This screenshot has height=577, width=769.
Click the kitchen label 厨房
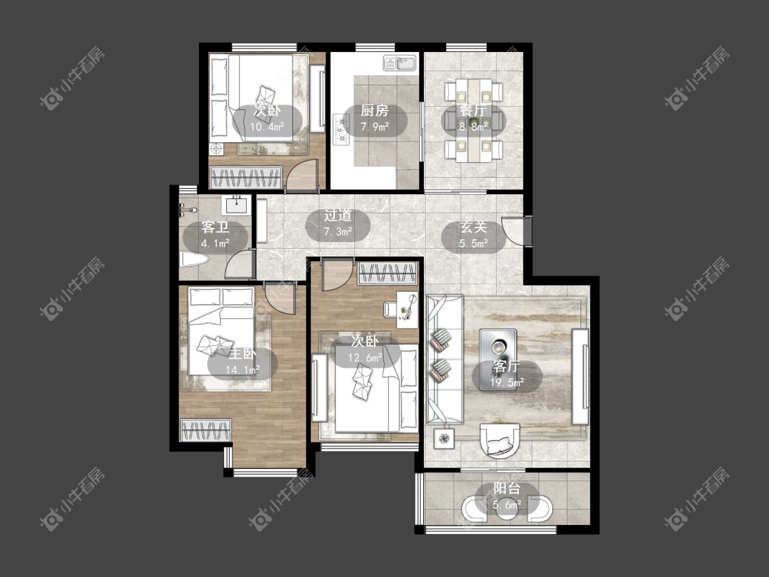(375, 110)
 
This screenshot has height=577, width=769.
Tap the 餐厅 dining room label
(473, 110)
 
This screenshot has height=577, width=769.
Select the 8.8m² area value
(473, 126)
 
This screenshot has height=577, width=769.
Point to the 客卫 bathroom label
(215, 227)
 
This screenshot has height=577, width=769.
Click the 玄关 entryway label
(473, 227)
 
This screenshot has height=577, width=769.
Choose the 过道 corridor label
(338, 215)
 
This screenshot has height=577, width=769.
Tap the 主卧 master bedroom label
(242, 353)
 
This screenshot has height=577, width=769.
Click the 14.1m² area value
(242, 370)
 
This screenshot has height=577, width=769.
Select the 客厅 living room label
(507, 366)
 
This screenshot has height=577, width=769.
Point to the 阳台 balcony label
(507, 488)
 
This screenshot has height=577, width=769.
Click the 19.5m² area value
(507, 383)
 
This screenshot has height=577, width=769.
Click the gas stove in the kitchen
(340, 129)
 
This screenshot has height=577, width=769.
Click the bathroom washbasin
(237, 204)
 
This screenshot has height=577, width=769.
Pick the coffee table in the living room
(498, 348)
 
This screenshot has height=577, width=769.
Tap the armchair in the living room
(500, 440)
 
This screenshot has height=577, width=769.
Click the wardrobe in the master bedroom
(206, 430)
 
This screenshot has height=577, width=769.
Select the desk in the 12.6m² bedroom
(407, 309)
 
